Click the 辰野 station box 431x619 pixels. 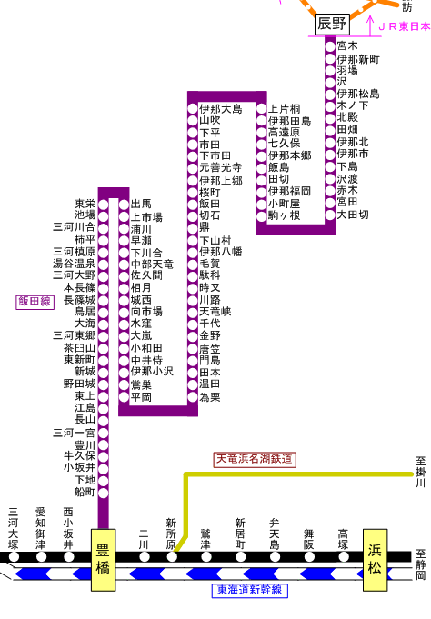(332, 24)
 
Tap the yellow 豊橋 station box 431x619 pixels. (103, 560)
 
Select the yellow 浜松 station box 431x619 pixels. (375, 560)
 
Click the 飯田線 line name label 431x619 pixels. (35, 302)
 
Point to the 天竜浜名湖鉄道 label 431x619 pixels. (255, 459)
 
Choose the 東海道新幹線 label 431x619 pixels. (250, 590)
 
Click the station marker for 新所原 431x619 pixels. (172, 556)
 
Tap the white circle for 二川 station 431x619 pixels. (145, 556)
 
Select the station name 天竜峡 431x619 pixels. (215, 312)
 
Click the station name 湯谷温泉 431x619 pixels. (75, 264)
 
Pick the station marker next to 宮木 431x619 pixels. (330, 46)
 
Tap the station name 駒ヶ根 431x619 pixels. (285, 215)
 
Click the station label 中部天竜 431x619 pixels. (152, 265)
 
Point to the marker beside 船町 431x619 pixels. (103, 493)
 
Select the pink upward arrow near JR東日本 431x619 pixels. (370, 26)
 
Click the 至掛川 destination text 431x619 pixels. (420, 472)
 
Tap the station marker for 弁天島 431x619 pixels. (275, 556)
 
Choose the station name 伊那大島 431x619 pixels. (221, 109)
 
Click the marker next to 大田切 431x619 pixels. (330, 215)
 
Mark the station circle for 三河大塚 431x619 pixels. (14, 556)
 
